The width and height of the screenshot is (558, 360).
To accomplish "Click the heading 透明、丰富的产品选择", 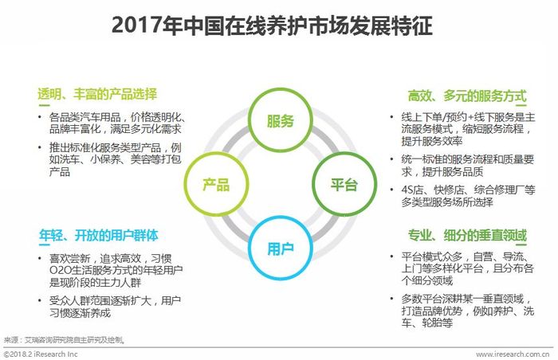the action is pos(97,94).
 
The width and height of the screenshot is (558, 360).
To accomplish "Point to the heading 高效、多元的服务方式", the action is pos(467,96).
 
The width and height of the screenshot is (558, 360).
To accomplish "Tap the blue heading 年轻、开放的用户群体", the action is pos(99,235).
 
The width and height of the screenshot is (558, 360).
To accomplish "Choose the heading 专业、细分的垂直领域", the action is pos(467,235).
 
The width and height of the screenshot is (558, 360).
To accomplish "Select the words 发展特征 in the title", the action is pos(391,25).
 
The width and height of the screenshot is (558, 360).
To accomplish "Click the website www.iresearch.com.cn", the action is pos(513,354).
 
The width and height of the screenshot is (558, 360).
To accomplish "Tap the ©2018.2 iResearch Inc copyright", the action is pos(41,354).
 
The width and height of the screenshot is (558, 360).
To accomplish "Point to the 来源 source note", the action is pos(65,340).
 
